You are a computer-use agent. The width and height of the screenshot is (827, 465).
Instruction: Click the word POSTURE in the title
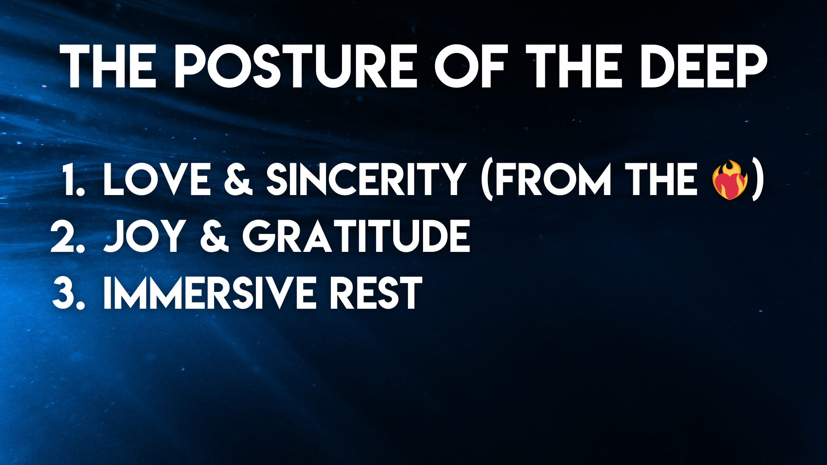[295, 67]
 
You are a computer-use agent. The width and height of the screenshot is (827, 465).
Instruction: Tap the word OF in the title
[470, 67]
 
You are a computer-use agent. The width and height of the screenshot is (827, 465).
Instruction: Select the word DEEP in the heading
[704, 67]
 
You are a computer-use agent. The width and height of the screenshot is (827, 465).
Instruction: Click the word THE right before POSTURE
[108, 67]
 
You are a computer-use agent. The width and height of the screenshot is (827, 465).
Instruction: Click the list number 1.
[74, 180]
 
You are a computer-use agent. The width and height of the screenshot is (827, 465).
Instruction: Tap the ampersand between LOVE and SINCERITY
[238, 180]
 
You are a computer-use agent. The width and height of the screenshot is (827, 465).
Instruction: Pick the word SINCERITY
[365, 180]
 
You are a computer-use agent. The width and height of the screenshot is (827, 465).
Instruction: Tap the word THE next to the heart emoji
[661, 180]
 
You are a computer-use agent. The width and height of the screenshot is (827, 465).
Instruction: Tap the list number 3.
[68, 293]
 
